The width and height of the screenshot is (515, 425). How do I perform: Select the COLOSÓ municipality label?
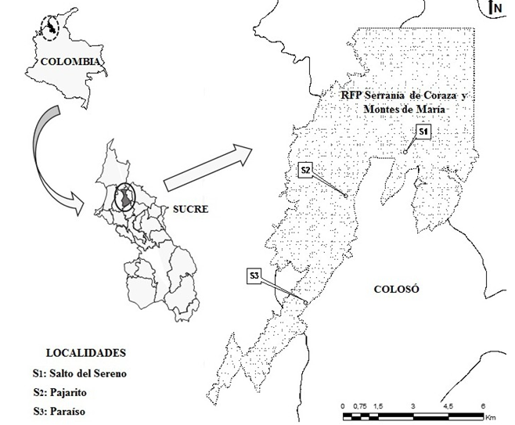tap(397, 289)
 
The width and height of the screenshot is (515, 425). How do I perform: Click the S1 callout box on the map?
tap(423, 131)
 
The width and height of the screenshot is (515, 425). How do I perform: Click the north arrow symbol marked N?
tap(495, 9)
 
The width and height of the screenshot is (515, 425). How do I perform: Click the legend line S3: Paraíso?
tap(66, 411)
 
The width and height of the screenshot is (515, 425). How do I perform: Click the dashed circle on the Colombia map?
tap(50, 29)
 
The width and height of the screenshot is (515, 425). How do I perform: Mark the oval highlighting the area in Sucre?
tap(124, 196)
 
